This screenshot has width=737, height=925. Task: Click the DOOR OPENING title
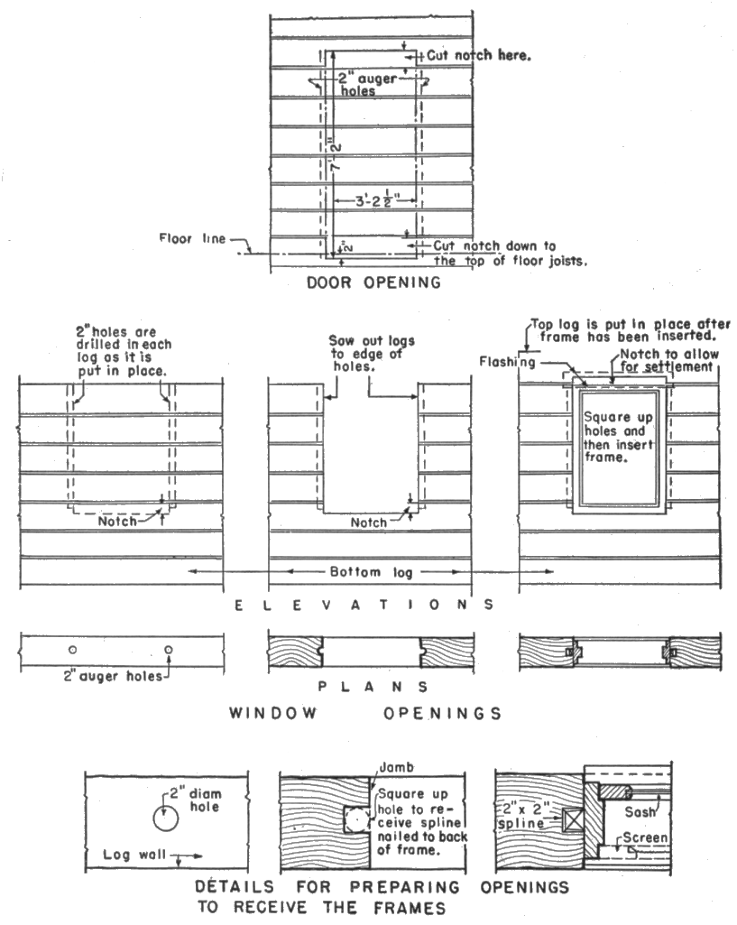[373, 282]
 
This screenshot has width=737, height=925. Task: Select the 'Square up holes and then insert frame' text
[618, 437]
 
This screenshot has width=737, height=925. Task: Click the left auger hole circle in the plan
[73, 650]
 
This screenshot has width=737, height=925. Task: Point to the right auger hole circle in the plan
[168, 650]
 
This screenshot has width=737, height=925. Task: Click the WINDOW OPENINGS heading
[365, 714]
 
